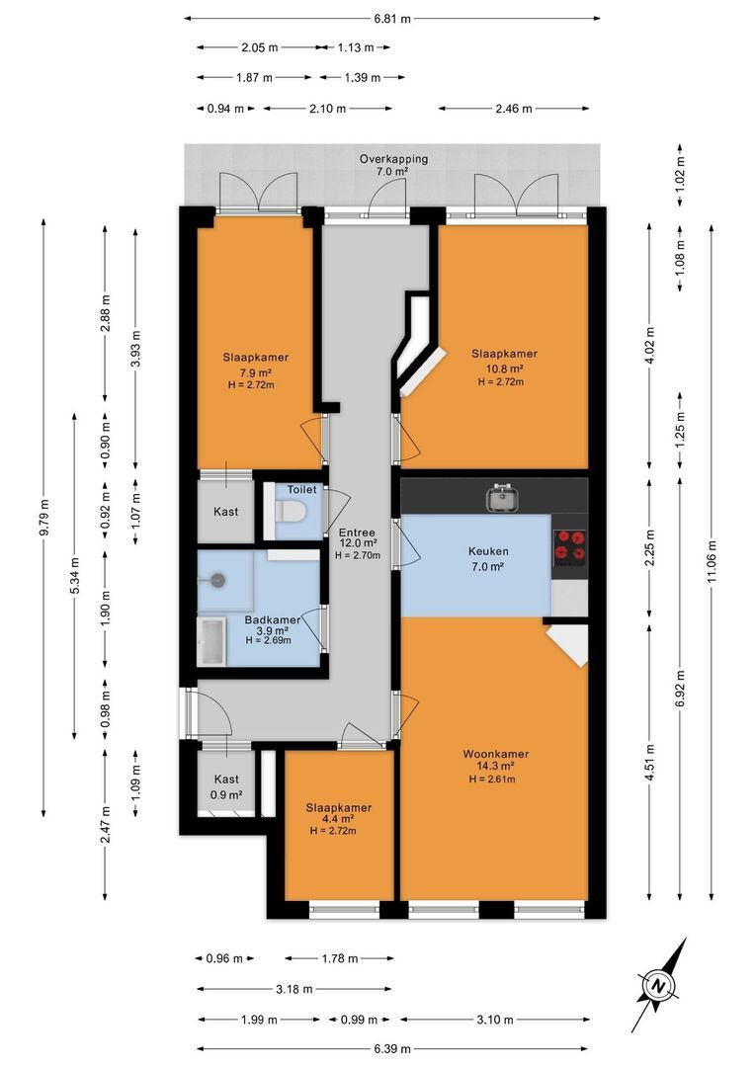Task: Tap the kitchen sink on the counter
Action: point(503,497)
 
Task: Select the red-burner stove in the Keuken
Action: point(570,546)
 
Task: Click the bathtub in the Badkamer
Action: point(211,642)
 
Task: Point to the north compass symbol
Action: point(658,985)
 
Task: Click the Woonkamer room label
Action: point(496,753)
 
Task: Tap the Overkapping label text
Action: point(393,158)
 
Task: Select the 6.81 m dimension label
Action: point(392,19)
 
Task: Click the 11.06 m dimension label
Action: point(712,561)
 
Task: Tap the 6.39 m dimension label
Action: point(392,1048)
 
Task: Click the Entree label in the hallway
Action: point(358,533)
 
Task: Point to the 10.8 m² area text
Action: point(504,369)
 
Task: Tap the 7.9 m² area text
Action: point(255,372)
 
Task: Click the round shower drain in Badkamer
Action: point(217,580)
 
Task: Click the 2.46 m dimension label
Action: point(513,108)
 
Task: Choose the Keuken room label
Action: point(488,551)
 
